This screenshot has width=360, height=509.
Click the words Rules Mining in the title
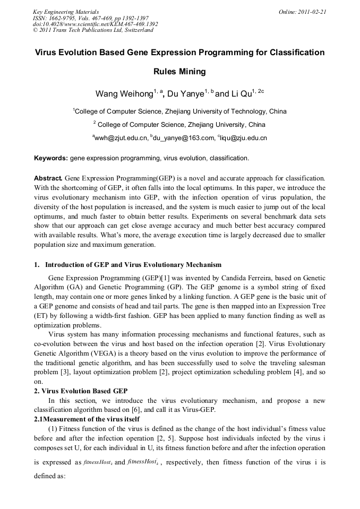[x=179, y=72]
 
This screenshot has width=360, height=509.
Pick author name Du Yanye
[x=186, y=94]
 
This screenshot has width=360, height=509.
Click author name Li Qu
[x=241, y=94]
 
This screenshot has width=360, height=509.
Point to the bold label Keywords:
[x=51, y=158]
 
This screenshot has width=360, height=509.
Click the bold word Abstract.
[x=48, y=178]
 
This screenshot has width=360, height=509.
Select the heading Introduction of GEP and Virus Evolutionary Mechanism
[x=133, y=265]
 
